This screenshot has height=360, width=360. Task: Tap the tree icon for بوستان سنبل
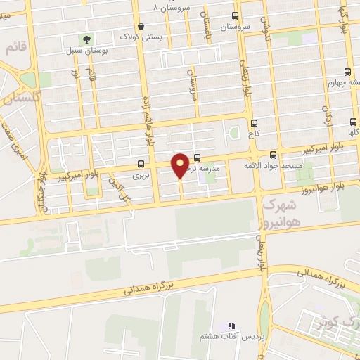pyautogui.click(x=87, y=39)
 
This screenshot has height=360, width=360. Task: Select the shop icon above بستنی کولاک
pyautogui.click(x=141, y=27)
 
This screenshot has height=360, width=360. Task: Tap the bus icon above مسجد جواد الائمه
pyautogui.click(x=274, y=155)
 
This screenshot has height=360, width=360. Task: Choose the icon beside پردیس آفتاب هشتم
pyautogui.click(x=231, y=326)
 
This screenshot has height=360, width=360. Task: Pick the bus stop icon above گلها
pyautogui.click(x=352, y=120)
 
